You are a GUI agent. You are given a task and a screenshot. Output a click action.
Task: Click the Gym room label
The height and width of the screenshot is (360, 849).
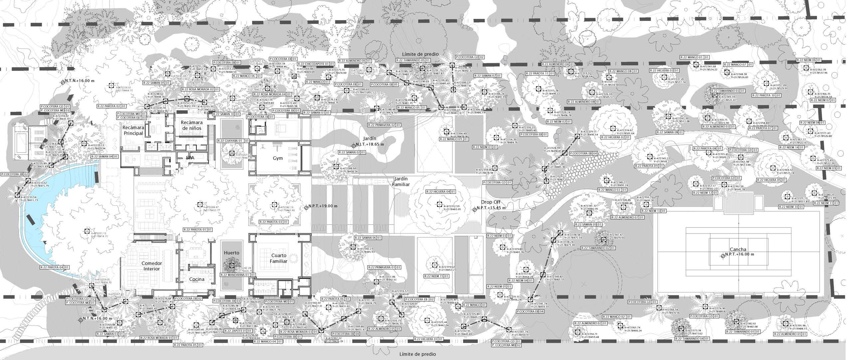click(x=277, y=158)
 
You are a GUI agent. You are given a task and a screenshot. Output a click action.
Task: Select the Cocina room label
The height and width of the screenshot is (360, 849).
click(x=196, y=279)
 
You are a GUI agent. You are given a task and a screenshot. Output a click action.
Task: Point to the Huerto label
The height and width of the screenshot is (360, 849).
click(x=231, y=253)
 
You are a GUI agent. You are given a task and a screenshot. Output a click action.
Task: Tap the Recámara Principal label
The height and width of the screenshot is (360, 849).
click(x=133, y=130)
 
